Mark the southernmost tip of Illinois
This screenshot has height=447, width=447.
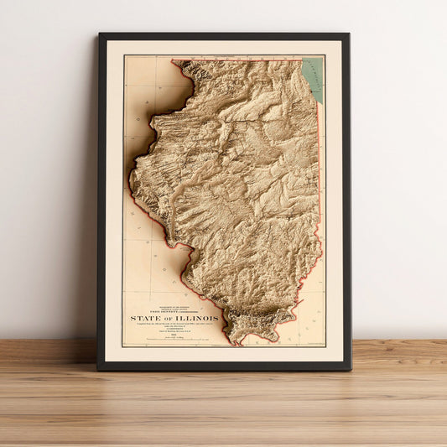237,342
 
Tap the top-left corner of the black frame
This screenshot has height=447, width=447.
100,34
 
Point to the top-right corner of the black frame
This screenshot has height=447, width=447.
348,34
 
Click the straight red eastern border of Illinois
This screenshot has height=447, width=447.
320,168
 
